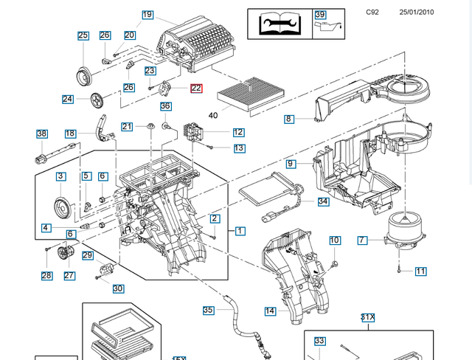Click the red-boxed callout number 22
(196, 89)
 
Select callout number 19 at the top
(147, 15)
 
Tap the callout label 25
(83, 35)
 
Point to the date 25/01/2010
(417, 13)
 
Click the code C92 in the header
(372, 13)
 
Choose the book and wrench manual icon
(278, 24)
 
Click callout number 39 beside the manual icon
(320, 15)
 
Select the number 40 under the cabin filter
(214, 115)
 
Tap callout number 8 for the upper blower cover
(289, 118)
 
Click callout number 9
(291, 163)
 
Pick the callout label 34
(323, 201)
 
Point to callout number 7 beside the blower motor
(362, 240)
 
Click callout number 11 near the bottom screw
(420, 271)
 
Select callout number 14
(270, 311)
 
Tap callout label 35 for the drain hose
(208, 310)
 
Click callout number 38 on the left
(42, 134)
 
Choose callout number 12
(238, 132)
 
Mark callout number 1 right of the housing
(240, 231)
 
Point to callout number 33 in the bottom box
(319, 341)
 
